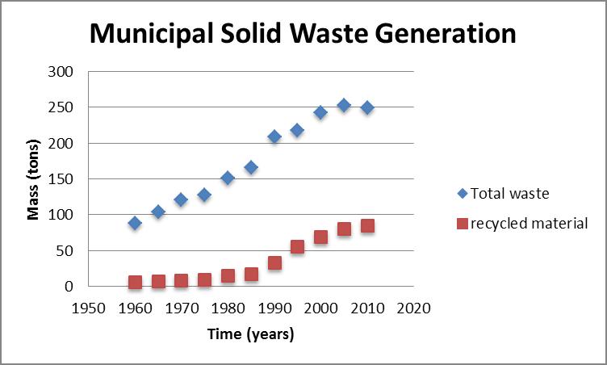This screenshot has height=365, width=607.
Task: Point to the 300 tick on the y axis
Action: (62, 72)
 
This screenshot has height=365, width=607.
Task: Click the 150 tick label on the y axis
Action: (62, 179)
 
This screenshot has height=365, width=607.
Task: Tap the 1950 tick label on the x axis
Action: (89, 308)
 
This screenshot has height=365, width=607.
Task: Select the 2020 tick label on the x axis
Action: (413, 308)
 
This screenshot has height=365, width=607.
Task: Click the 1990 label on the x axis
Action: (274, 308)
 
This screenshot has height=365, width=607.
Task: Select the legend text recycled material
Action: (530, 223)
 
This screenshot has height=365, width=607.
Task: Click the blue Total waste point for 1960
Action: (135, 223)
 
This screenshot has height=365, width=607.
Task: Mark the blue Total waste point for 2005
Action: (344, 105)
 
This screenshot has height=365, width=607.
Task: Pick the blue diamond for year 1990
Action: (274, 136)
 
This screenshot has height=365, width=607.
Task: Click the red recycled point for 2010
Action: (367, 226)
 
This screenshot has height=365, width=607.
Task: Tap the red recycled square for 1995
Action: (297, 247)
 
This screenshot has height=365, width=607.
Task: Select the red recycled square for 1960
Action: (135, 283)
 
